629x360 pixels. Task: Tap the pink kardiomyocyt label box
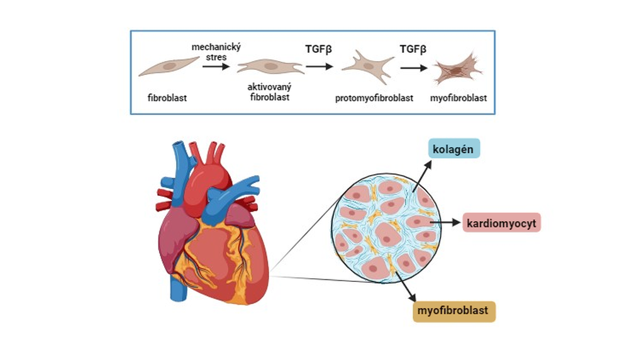(x=501, y=223)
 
